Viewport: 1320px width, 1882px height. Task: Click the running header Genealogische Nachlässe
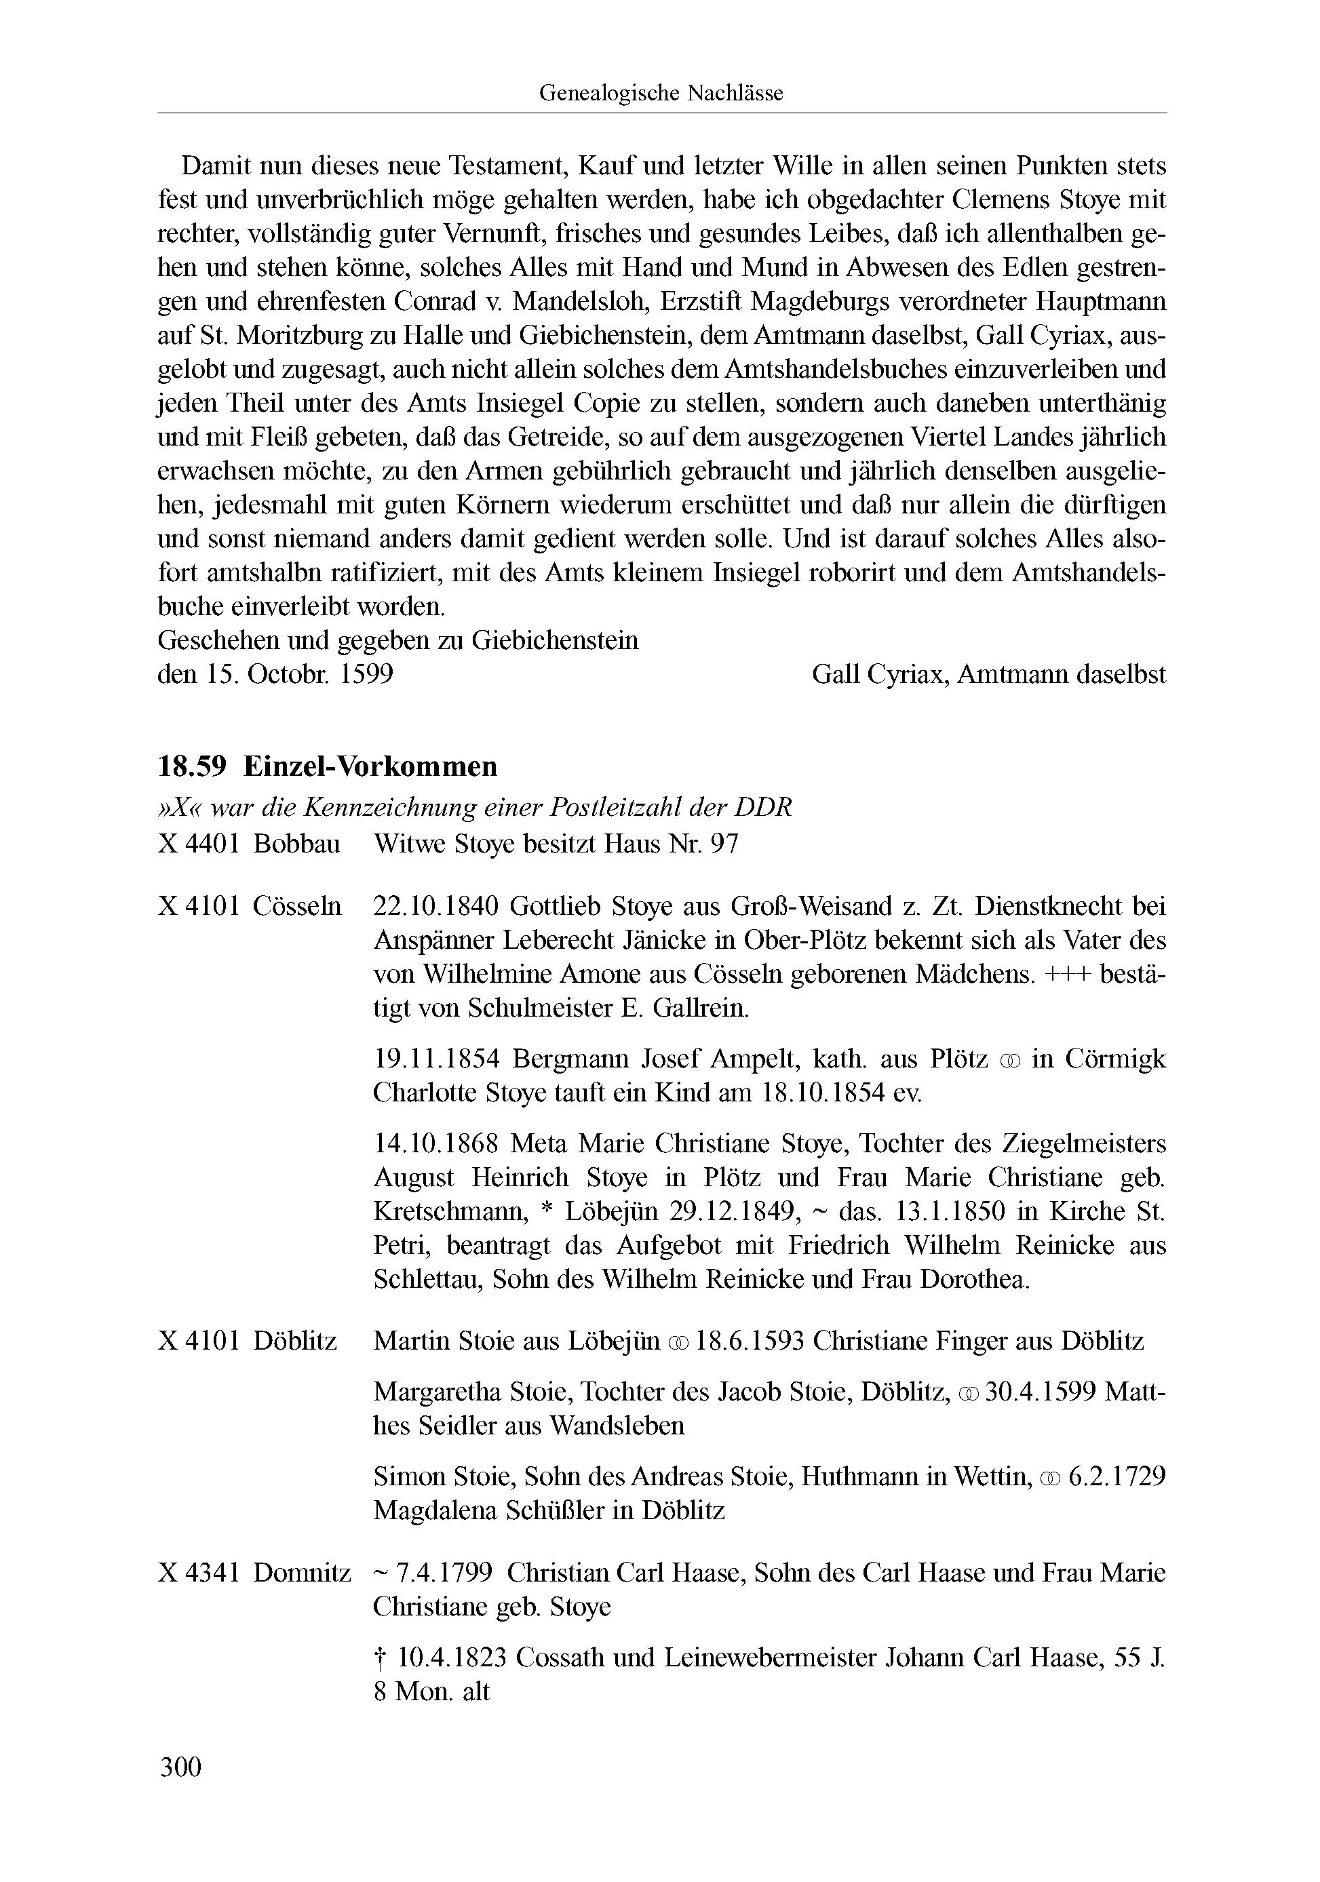[x=661, y=94]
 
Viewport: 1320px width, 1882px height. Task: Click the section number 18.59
[x=191, y=766]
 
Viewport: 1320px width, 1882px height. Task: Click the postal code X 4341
[x=199, y=1573]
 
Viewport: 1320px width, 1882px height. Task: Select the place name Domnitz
[x=302, y=1573]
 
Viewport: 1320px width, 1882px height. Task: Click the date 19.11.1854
[x=436, y=1059]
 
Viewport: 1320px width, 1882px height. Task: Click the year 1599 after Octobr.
[x=366, y=675]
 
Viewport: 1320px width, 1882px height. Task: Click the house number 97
[x=724, y=844]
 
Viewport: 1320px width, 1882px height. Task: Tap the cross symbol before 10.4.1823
[x=380, y=1658]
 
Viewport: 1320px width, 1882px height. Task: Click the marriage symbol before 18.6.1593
[x=677, y=1343]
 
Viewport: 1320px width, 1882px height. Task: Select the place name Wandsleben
[x=617, y=1426]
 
